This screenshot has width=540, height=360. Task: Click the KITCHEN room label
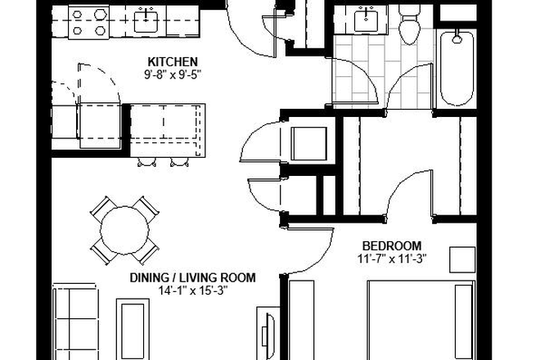point(173,62)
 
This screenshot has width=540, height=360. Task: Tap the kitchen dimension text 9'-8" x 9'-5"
point(173,74)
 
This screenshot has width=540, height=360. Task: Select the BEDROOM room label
point(392,246)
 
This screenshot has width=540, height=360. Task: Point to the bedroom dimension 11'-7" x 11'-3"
point(392,259)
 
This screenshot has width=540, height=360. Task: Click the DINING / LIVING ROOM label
point(193,277)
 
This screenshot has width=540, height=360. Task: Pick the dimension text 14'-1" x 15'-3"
point(193,290)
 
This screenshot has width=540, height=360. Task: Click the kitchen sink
point(146,21)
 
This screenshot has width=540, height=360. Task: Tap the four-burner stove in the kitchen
point(89,22)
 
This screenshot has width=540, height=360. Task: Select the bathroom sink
point(366,20)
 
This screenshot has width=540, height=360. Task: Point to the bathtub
point(457,68)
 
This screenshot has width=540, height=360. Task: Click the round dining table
point(125,231)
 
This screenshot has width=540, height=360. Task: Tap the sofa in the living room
point(75,322)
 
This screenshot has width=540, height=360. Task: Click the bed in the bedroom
point(421,321)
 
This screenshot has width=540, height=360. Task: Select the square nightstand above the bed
point(462,259)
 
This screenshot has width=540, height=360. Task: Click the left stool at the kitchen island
point(146,162)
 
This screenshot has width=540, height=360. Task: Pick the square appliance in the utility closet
point(309,144)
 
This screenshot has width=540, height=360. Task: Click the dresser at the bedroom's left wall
point(301,321)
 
